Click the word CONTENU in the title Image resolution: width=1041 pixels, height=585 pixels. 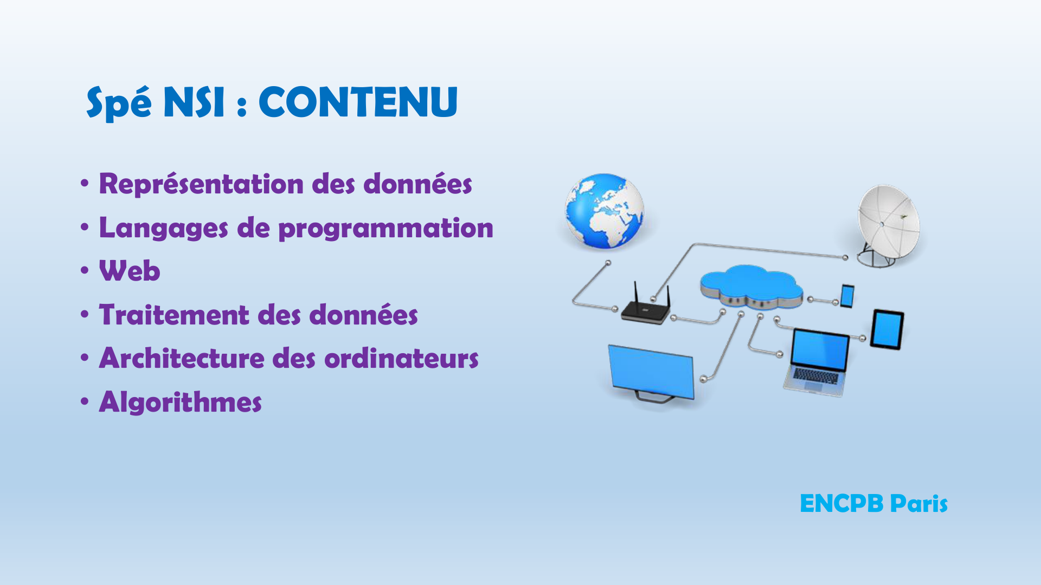coord(358,102)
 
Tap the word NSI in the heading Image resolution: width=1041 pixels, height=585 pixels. coord(194,102)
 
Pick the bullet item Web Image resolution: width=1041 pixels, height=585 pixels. coord(130,271)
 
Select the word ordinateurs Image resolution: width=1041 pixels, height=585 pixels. coord(401,359)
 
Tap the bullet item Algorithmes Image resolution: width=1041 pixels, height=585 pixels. coord(180,402)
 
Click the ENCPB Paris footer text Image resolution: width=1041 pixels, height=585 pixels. coord(873,504)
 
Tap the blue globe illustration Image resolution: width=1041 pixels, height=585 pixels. coord(605,211)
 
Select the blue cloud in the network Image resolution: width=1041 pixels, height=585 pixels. coord(751,286)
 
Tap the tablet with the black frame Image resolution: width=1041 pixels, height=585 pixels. coord(887,330)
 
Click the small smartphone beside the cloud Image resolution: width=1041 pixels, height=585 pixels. coord(847,296)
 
